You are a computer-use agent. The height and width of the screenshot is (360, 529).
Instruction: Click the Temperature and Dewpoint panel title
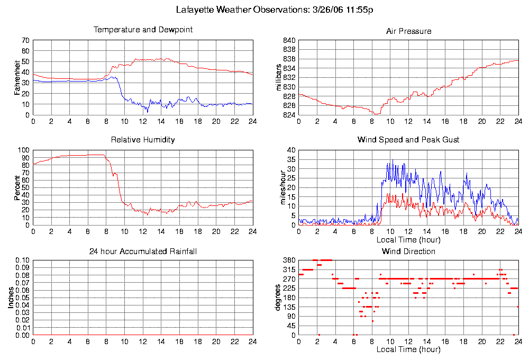pos(143,30)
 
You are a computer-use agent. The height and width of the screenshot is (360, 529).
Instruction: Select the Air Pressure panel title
pos(408,31)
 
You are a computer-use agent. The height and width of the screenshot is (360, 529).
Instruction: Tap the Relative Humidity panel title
pos(143,140)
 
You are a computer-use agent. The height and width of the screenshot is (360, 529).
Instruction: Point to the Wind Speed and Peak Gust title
pos(408,140)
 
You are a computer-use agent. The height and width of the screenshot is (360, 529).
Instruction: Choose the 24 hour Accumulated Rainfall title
pos(143,251)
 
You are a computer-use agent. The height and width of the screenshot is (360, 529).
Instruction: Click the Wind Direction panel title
pos(408,251)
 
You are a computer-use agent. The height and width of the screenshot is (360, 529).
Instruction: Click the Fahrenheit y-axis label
pos(17,77)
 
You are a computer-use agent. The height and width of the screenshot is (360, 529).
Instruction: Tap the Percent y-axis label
pos(17,187)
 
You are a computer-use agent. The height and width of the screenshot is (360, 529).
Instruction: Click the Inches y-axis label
pos(11,298)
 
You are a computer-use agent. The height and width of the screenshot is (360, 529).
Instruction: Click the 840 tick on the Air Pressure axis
pos(289,40)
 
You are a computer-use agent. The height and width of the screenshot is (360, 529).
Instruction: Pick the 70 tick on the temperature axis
pos(25,40)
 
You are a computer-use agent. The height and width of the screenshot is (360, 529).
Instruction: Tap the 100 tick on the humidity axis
pos(24,150)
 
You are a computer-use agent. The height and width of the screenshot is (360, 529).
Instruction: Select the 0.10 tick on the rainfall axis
pos(22,260)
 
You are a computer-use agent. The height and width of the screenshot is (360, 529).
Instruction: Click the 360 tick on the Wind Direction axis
pos(289,260)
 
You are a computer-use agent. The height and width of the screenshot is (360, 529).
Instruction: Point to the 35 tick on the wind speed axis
pos(290,159)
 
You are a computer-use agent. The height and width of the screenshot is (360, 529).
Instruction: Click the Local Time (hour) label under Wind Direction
pos(408,349)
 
